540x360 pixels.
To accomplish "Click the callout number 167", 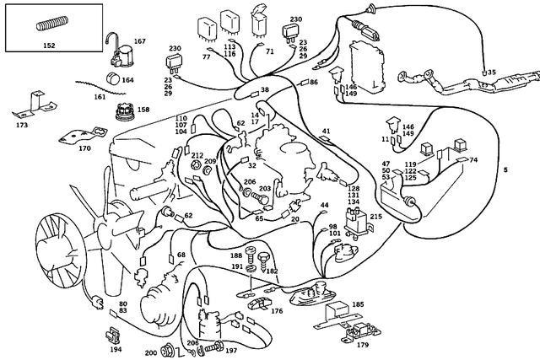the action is click(x=140, y=41).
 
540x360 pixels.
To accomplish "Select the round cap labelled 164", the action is click(x=112, y=78).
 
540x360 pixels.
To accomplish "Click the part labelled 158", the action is click(x=126, y=111).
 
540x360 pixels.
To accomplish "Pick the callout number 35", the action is click(x=492, y=73).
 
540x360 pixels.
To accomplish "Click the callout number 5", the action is click(x=505, y=169).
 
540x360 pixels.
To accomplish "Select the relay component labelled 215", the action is click(x=358, y=221).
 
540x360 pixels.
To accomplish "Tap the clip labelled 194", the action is click(x=112, y=336).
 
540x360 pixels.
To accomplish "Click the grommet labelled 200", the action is click(x=168, y=351).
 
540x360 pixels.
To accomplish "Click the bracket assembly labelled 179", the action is click(x=360, y=332).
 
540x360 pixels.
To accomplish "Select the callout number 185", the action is click(x=358, y=304).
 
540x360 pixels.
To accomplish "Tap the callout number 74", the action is click(x=473, y=159).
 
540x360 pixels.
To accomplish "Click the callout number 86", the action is click(x=313, y=82).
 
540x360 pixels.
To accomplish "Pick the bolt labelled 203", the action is click(x=261, y=199).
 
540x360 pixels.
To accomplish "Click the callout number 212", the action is click(x=197, y=156).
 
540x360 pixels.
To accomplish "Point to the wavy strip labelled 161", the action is click(x=100, y=88).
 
